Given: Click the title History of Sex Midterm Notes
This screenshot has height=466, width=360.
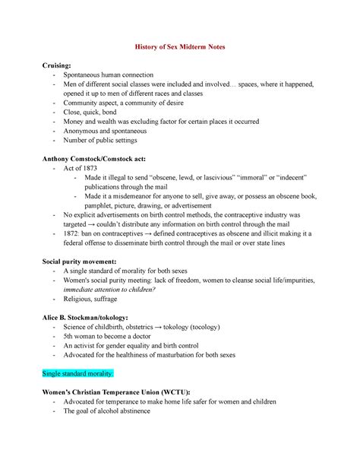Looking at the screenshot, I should point(180,47).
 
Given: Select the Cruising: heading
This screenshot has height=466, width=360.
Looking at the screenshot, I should point(58,65).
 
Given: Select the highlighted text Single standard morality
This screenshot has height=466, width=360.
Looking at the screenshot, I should point(77,374).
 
